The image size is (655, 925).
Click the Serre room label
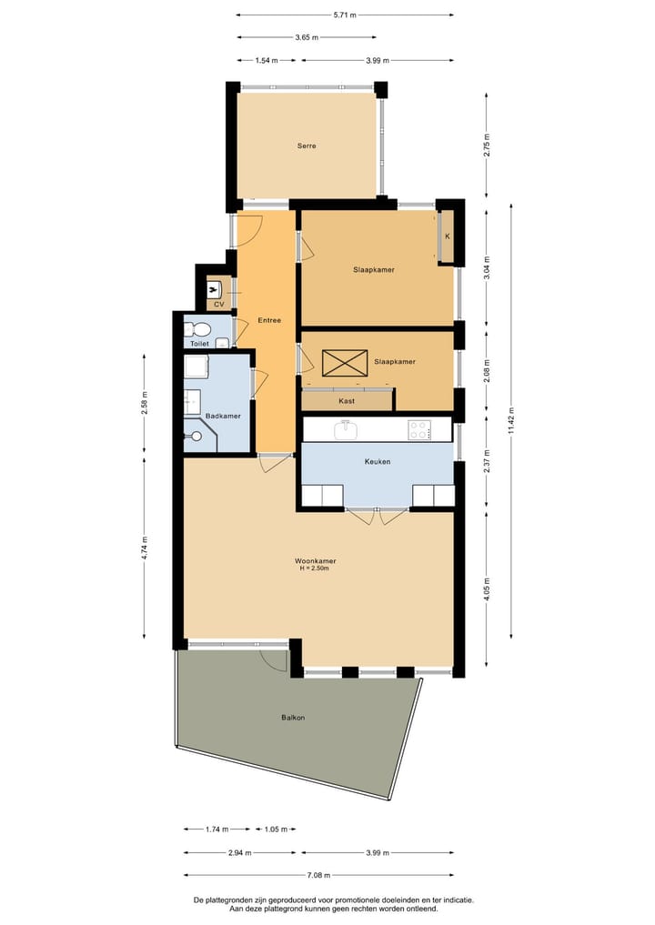pyautogui.click(x=307, y=146)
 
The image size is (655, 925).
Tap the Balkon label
pyautogui.click(x=293, y=718)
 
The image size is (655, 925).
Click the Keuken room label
pyautogui.click(x=377, y=462)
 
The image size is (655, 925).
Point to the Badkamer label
pyautogui.click(x=223, y=416)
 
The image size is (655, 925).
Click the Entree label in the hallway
pyautogui.click(x=268, y=320)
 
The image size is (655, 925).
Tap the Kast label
pyautogui.click(x=347, y=400)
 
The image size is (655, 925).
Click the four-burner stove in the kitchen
pyautogui.click(x=418, y=429)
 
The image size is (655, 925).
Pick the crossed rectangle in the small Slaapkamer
pyautogui.click(x=345, y=362)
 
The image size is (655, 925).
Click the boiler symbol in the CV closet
pyautogui.click(x=215, y=289)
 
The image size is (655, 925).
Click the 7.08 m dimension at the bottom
pyautogui.click(x=318, y=876)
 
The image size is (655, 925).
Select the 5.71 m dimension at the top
pyautogui.click(x=344, y=15)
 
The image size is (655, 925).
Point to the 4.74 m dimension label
pyautogui.click(x=145, y=548)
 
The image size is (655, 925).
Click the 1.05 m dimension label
pyautogui.click(x=276, y=829)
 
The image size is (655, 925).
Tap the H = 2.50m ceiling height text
pyautogui.click(x=314, y=569)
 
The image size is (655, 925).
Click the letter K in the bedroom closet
pyautogui.click(x=447, y=236)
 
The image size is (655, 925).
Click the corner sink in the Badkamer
pyautogui.click(x=195, y=437)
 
